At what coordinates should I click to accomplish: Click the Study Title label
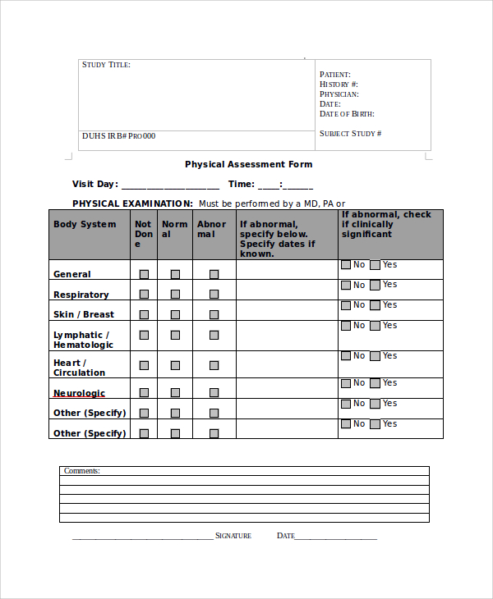[106, 65]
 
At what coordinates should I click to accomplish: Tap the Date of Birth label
[347, 114]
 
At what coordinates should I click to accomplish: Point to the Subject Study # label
[350, 133]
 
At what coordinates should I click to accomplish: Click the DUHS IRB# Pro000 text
[118, 136]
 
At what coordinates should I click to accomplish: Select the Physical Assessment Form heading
[248, 164]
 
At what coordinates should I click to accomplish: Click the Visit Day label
[95, 185]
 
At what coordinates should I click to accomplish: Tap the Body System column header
[85, 224]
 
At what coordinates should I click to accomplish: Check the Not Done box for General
[144, 274]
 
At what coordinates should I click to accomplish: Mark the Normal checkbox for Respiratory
[175, 294]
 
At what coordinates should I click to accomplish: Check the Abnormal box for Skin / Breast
[214, 314]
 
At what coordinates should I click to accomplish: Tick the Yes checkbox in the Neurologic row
[376, 383]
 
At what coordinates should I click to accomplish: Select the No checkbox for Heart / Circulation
[345, 356]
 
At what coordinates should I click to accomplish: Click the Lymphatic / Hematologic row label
[83, 340]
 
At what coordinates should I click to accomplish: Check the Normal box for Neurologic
[175, 393]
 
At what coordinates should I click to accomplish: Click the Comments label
[82, 471]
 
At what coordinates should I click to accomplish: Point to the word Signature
[233, 536]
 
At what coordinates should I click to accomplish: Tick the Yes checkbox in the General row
[376, 265]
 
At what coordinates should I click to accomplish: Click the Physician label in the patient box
[339, 94]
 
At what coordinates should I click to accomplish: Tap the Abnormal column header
[211, 229]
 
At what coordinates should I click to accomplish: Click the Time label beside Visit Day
[242, 185]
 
